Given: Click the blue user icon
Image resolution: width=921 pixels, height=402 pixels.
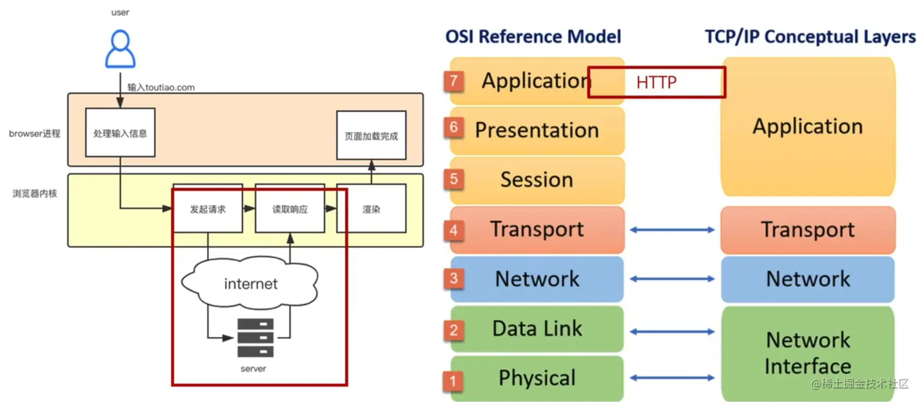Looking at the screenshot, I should click(120, 50).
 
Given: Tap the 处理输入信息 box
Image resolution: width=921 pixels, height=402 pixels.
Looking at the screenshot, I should click(120, 133).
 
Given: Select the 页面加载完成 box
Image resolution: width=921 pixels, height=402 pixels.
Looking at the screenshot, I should click(371, 135).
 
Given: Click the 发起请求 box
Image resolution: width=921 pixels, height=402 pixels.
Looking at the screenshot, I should click(208, 210).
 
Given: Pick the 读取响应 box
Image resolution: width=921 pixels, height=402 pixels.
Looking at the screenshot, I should click(289, 210).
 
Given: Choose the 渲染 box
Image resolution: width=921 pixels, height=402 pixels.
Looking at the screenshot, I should click(371, 210).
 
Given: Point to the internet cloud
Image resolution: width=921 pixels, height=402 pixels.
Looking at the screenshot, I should click(250, 284).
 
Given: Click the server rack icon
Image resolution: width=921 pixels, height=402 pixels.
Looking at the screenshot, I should click(255, 337).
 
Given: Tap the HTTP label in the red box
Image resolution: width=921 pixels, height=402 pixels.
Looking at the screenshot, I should click(656, 82).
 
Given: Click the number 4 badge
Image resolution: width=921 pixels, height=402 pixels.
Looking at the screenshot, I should click(454, 230).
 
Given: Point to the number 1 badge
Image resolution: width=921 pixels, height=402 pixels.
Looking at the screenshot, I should click(453, 381).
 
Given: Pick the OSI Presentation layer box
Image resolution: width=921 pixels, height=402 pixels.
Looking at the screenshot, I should click(537, 130).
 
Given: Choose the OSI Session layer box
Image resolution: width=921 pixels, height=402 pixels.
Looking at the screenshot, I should click(537, 180).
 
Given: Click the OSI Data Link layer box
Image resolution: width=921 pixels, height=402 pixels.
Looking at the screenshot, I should click(537, 329).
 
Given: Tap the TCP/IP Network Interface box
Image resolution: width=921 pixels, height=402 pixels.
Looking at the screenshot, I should click(808, 353).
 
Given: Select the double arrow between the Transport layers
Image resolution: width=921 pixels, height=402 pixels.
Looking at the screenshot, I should click(672, 230).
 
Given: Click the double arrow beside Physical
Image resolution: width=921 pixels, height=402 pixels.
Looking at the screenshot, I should click(672, 378).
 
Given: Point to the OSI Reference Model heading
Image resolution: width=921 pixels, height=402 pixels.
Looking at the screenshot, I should click(533, 37).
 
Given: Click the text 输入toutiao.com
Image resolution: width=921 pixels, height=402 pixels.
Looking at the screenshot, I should click(161, 87).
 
